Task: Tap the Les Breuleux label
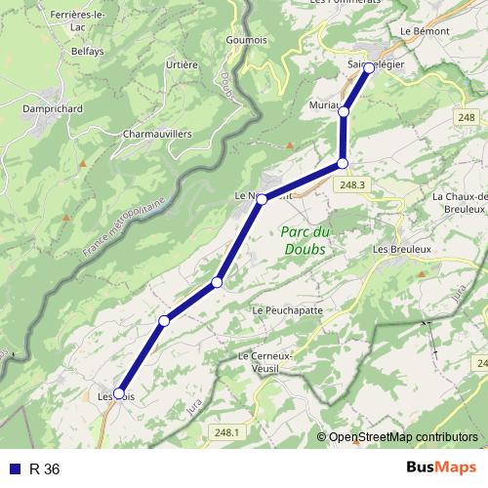[401, 250]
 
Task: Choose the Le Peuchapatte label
[287, 310]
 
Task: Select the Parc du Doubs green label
[305, 239]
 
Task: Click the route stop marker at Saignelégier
[369, 68]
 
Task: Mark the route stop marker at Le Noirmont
[262, 198]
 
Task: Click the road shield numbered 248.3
[353, 184]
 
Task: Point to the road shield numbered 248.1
[224, 431]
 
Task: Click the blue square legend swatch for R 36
[13, 469]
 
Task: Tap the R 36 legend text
[45, 469]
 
